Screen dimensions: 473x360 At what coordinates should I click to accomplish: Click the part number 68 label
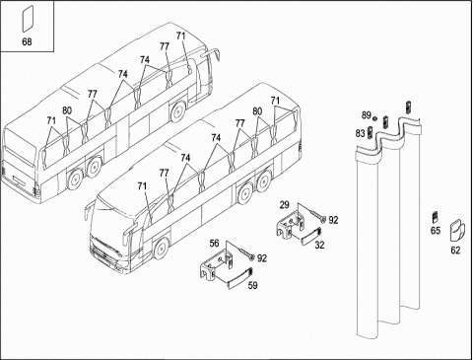pyautogui.click(x=27, y=41)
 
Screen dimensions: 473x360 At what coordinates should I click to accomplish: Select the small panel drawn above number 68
pyautogui.click(x=28, y=19)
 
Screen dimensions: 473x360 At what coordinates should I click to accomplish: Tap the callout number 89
pyautogui.click(x=367, y=115)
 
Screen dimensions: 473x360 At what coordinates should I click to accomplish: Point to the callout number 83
pyautogui.click(x=361, y=133)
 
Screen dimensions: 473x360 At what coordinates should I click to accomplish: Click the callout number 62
pyautogui.click(x=455, y=251)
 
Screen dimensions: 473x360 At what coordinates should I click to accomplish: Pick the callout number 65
pyautogui.click(x=436, y=231)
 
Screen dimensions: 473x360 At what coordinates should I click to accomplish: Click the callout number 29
pyautogui.click(x=285, y=205)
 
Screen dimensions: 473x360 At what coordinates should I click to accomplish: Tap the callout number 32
pyautogui.click(x=319, y=245)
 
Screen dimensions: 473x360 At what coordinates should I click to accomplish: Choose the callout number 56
pyautogui.click(x=214, y=244)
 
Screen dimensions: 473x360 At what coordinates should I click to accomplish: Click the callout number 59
pyautogui.click(x=252, y=285)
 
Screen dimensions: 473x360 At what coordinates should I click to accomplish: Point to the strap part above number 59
pyautogui.click(x=240, y=278)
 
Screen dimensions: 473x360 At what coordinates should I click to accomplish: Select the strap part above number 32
pyautogui.click(x=311, y=236)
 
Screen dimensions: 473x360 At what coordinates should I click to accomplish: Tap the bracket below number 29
pyautogui.click(x=291, y=225)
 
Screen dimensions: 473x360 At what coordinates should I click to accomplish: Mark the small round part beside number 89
pyautogui.click(x=374, y=117)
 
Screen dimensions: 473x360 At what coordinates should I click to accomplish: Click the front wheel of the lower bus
pyautogui.click(x=161, y=249)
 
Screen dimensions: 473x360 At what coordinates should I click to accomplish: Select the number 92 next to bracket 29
pyautogui.click(x=333, y=220)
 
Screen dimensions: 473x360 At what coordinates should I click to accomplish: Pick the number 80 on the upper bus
pyautogui.click(x=67, y=110)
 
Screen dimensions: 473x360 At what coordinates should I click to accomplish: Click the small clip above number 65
pyautogui.click(x=436, y=217)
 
